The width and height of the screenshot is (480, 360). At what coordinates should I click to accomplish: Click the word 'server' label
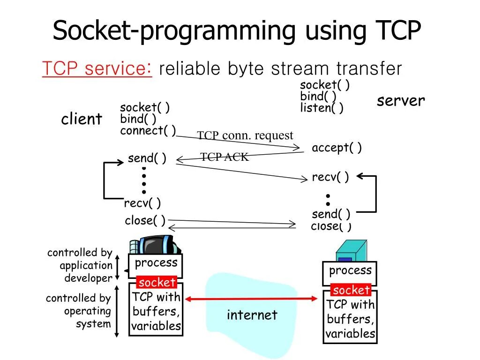click(x=401, y=101)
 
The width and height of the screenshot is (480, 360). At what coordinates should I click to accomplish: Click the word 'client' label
click(x=81, y=119)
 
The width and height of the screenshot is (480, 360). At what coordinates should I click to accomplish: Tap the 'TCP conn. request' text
click(x=245, y=135)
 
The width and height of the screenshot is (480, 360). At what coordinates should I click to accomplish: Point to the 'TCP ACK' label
click(x=225, y=157)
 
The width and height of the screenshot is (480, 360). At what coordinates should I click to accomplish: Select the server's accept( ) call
click(x=337, y=148)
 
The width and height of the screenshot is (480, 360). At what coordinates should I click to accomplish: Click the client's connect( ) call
click(x=148, y=130)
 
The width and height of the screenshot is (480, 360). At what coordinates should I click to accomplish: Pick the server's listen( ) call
click(x=322, y=108)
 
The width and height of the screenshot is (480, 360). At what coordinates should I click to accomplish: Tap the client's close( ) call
click(x=145, y=220)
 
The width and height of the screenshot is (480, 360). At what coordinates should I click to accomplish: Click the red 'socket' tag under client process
click(x=157, y=282)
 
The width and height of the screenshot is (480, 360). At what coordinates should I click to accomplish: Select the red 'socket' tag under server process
click(x=351, y=290)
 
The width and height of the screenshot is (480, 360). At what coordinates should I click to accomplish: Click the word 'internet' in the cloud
click(x=252, y=315)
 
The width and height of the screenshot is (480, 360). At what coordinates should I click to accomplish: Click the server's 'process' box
click(x=350, y=271)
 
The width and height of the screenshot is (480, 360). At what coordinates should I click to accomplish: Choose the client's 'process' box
click(x=156, y=263)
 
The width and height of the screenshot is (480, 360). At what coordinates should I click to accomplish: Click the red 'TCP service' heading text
click(x=96, y=69)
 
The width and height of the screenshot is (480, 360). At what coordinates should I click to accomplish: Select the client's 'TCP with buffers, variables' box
click(x=156, y=311)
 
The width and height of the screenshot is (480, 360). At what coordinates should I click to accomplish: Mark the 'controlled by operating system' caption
click(x=78, y=311)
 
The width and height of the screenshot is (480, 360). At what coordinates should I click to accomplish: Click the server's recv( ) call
click(x=330, y=177)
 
